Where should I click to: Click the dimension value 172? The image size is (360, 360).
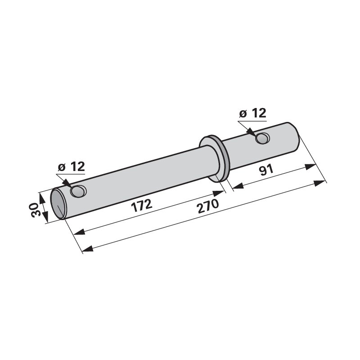point(141,205)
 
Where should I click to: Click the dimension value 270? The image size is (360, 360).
point(208,206)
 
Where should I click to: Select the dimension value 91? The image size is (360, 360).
point(266,170)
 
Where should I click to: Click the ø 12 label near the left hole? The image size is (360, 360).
point(72,166)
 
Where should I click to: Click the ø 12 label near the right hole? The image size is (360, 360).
point(253,113)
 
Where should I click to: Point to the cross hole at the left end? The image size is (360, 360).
point(79,191)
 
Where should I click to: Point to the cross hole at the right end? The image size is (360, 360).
point(262,138)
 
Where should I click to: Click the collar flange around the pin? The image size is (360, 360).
point(214,158)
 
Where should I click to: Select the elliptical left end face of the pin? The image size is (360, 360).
point(58,204)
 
